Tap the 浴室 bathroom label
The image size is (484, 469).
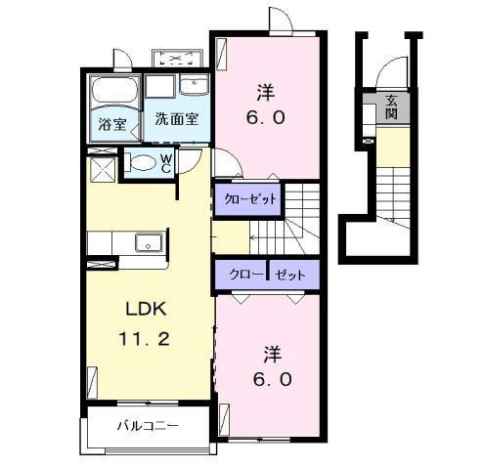pos(112,124)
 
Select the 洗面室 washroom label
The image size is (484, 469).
pos(177,122)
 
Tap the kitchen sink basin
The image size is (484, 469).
pos(149,242)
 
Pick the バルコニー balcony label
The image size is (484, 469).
pos(147,426)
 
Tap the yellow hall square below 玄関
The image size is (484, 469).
pos(391,148)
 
